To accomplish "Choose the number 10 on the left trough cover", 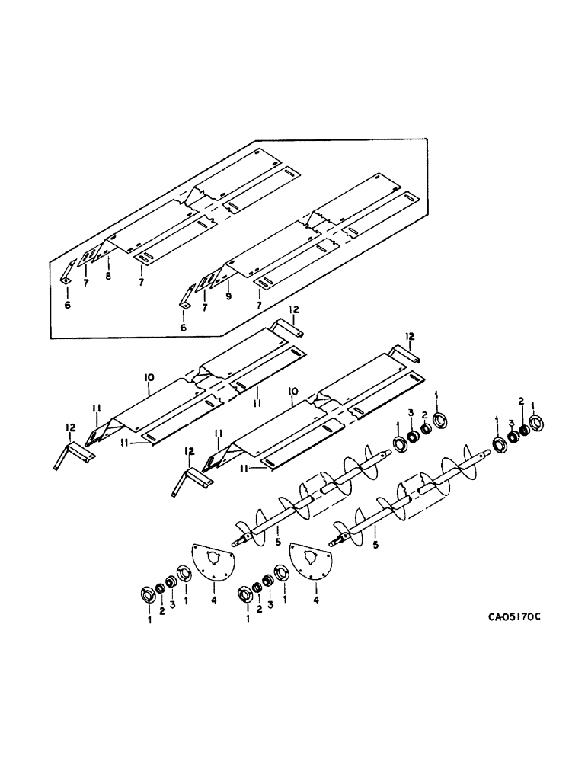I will coord(148,376).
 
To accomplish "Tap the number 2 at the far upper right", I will coord(521,401).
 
